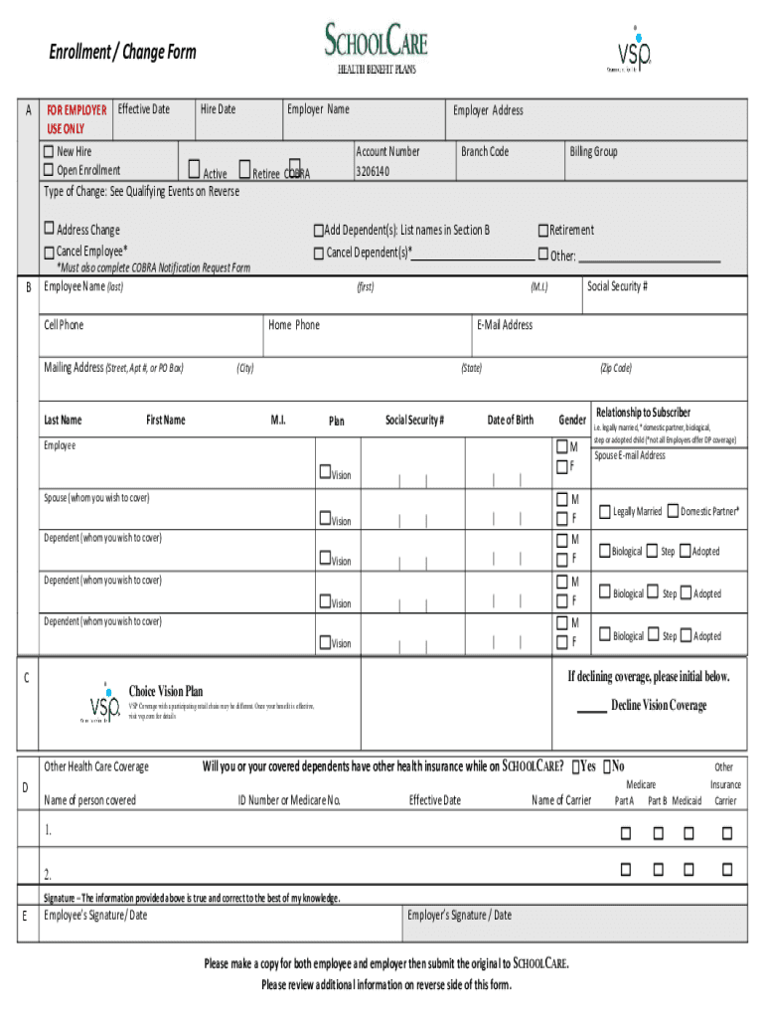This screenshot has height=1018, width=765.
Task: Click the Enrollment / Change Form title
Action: [123, 52]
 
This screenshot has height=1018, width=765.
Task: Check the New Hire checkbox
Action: [49, 152]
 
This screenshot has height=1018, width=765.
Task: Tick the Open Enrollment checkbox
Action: [49, 171]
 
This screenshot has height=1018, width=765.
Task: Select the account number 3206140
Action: [373, 172]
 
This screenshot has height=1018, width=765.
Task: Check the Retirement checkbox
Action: [543, 231]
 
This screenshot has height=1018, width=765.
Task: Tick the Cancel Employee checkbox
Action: [49, 252]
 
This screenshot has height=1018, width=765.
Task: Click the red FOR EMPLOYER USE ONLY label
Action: [76, 119]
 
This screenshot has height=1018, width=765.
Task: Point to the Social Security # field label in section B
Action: [617, 286]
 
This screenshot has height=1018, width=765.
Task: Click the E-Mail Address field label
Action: [505, 325]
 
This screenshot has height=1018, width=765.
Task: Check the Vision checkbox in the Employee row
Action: [324, 471]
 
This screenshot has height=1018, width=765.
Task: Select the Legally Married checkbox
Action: [604, 511]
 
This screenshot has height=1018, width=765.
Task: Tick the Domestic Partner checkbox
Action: [673, 511]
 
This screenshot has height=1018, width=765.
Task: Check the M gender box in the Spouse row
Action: [562, 498]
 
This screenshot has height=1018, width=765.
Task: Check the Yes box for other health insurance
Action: [578, 766]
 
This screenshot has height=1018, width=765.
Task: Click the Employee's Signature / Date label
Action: [95, 915]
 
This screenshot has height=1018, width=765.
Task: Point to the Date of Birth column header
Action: [510, 420]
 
